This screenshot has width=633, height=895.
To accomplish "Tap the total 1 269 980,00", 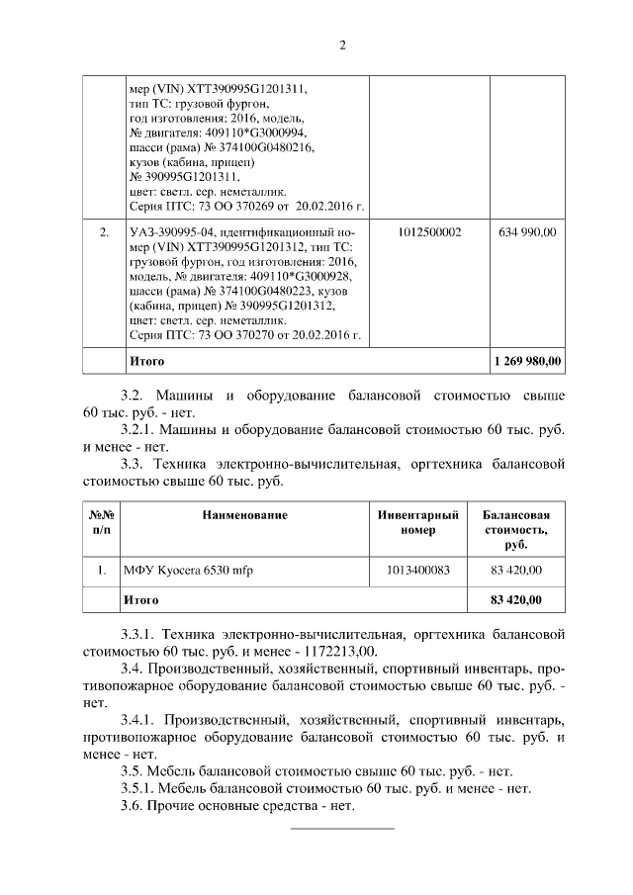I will click(x=527, y=361).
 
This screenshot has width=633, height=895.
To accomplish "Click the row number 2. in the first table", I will click(x=102, y=231).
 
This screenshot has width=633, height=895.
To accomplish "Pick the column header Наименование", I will click(x=244, y=515).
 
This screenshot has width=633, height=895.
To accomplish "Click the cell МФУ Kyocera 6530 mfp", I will click(x=188, y=570).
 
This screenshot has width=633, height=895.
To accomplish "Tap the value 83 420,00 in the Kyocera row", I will click(x=515, y=570).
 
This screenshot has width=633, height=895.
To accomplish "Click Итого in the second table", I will click(x=139, y=599).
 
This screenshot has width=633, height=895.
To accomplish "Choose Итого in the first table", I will click(x=146, y=361).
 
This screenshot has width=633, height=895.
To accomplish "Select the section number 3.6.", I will click(x=133, y=806).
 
